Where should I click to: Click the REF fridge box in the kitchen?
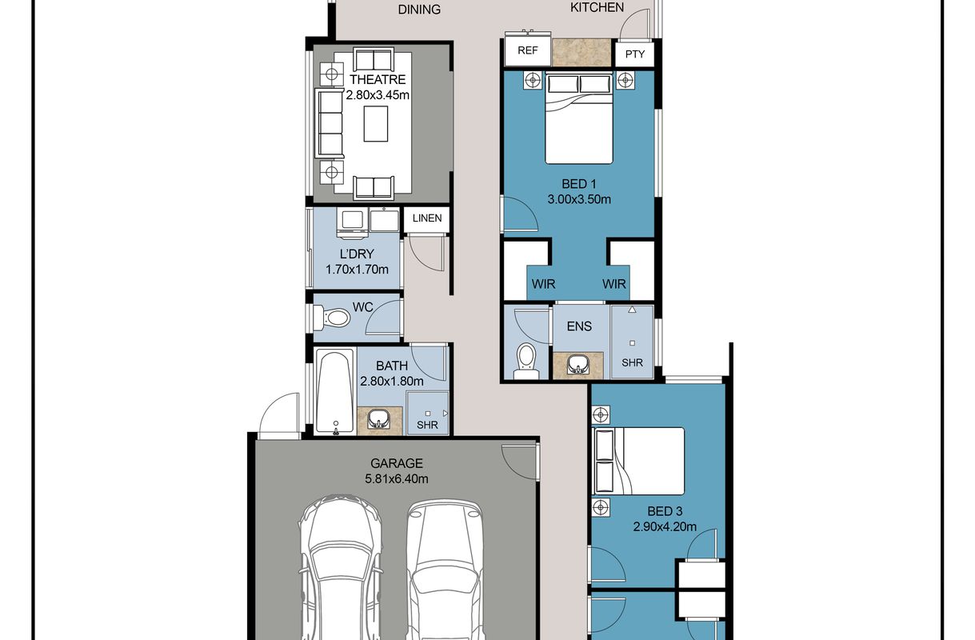528,50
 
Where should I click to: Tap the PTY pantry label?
634,54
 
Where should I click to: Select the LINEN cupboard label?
427,218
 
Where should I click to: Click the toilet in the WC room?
332,318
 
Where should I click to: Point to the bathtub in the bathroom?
334,392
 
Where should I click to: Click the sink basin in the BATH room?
378,420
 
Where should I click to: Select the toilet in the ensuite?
526,361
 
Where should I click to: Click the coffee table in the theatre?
376,124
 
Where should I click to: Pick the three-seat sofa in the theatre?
329,123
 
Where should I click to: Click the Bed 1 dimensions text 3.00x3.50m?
579,199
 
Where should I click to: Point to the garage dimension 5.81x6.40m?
397,479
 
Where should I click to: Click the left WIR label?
543,284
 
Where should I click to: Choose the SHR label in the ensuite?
632,362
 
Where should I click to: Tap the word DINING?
419,10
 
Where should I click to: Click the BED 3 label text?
665,511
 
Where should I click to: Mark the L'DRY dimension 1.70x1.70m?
357,270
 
